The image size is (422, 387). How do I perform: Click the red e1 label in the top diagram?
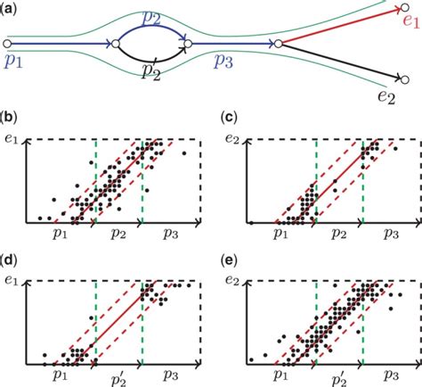[x=411, y=20]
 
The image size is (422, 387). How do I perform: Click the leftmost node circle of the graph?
[x=7, y=42]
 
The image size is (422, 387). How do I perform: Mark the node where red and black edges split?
[x=279, y=42]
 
